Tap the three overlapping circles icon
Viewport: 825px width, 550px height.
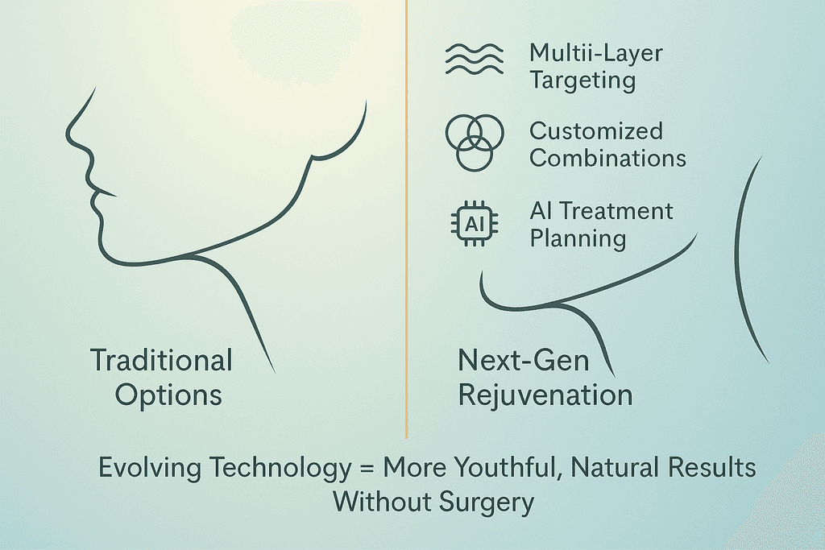point(474,143)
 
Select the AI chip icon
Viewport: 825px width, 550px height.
point(475,225)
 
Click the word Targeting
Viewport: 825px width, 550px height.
point(582,81)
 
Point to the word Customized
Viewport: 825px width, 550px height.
point(595,131)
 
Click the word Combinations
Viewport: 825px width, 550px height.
point(607,159)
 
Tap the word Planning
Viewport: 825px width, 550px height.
point(578,239)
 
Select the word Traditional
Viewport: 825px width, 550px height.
point(161,360)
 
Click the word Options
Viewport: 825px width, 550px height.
point(168,395)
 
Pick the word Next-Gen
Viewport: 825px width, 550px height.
point(524,360)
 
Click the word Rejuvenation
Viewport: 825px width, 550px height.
point(545,395)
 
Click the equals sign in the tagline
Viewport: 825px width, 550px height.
point(367,467)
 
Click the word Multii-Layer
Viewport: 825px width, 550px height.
point(595,53)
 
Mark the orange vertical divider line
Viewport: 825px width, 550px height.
point(406,219)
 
